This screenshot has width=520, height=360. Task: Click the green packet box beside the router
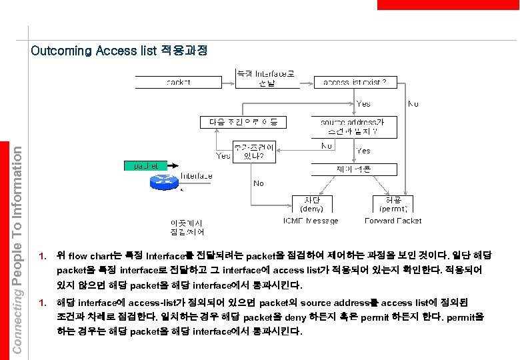(x=143, y=165)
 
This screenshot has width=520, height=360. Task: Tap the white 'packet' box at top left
(x=178, y=82)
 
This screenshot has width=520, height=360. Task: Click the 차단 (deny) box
(x=312, y=203)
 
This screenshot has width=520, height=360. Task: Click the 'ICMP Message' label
(x=311, y=221)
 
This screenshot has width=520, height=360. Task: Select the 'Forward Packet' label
(x=393, y=221)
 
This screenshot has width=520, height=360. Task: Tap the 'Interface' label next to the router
(x=197, y=176)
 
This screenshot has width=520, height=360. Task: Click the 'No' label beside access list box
(x=413, y=104)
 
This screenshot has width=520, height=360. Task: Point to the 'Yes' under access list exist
(x=363, y=104)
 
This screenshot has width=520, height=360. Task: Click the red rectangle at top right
(x=447, y=5)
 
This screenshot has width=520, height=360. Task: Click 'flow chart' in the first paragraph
(x=87, y=256)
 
